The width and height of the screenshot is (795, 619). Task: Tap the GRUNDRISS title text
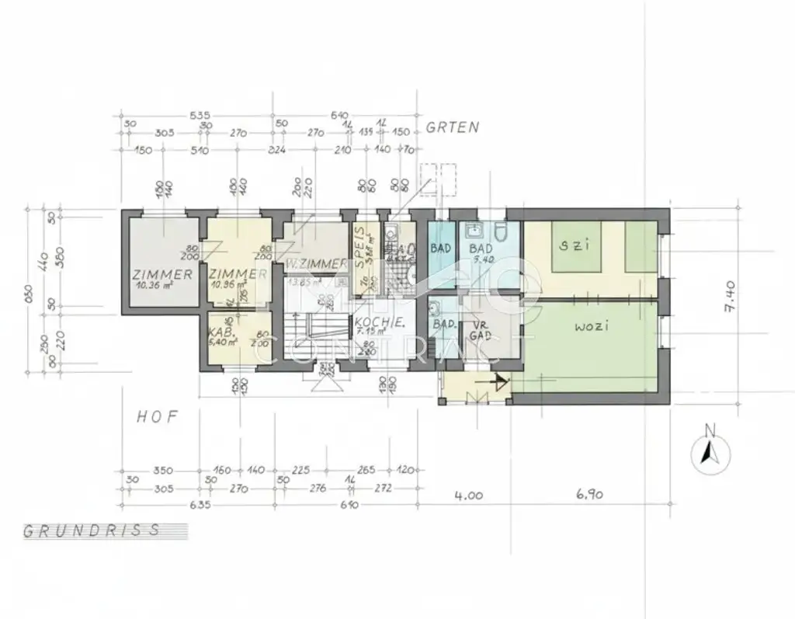pos(92,531)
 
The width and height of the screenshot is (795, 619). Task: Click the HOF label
pos(158,417)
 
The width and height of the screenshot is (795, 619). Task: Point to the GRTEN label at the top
pos(453,128)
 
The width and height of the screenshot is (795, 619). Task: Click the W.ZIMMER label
pos(314,263)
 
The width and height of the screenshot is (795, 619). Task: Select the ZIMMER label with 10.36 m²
pos(162,275)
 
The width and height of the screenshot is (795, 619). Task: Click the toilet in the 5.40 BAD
pos(502,232)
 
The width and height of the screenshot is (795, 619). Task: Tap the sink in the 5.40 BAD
pos(473,231)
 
